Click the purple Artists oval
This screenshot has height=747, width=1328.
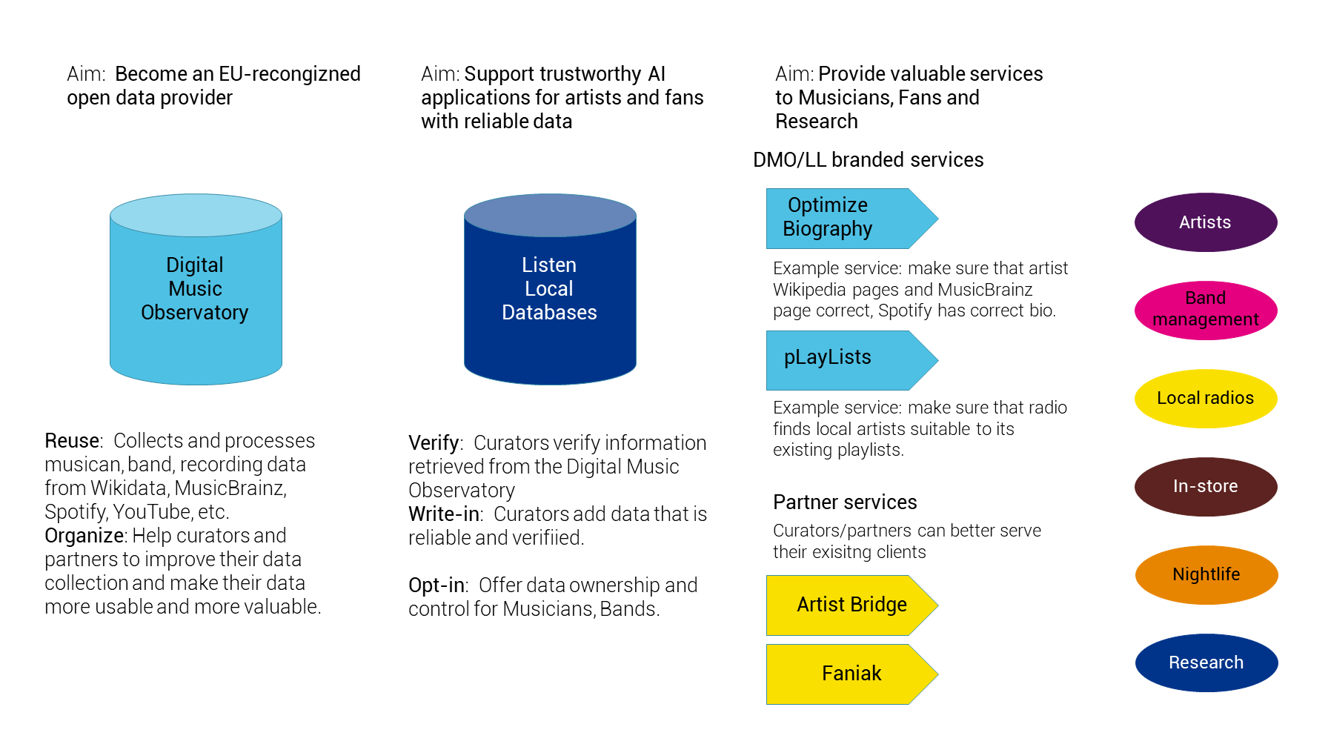(1205, 222)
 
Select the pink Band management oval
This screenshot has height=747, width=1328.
(1205, 310)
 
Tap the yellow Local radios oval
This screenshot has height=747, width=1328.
(1205, 398)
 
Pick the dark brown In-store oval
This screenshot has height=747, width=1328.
(1205, 486)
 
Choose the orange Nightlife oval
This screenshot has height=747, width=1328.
(1206, 574)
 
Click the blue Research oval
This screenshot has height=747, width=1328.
(1206, 663)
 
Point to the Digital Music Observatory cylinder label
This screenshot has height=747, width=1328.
(195, 289)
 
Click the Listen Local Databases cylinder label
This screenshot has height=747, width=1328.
(549, 289)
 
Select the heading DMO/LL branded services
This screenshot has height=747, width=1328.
(868, 160)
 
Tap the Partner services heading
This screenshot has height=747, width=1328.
(845, 502)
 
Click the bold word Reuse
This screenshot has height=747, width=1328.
(72, 441)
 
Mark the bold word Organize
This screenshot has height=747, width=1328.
(84, 536)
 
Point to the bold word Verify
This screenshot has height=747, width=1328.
(434, 443)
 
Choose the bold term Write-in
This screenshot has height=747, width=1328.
(443, 514)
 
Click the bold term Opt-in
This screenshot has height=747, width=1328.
(436, 585)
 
